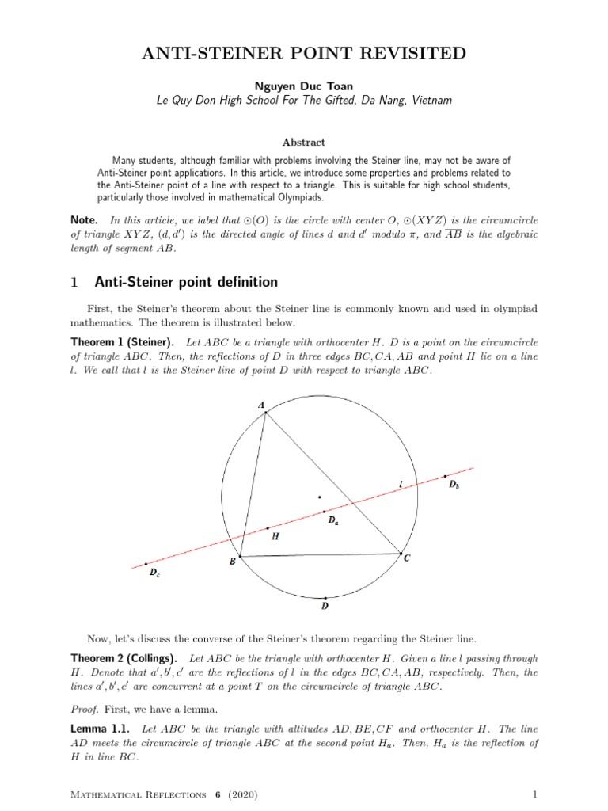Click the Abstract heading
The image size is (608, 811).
(303, 142)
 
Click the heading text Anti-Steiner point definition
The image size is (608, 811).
(185, 281)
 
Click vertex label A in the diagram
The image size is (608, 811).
(261, 405)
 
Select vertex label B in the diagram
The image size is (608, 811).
(232, 562)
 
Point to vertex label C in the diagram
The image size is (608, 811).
(407, 558)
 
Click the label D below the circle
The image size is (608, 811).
(325, 607)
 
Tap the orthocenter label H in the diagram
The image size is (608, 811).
(275, 536)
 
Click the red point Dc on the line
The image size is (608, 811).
(146, 564)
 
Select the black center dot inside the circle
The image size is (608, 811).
(320, 497)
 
